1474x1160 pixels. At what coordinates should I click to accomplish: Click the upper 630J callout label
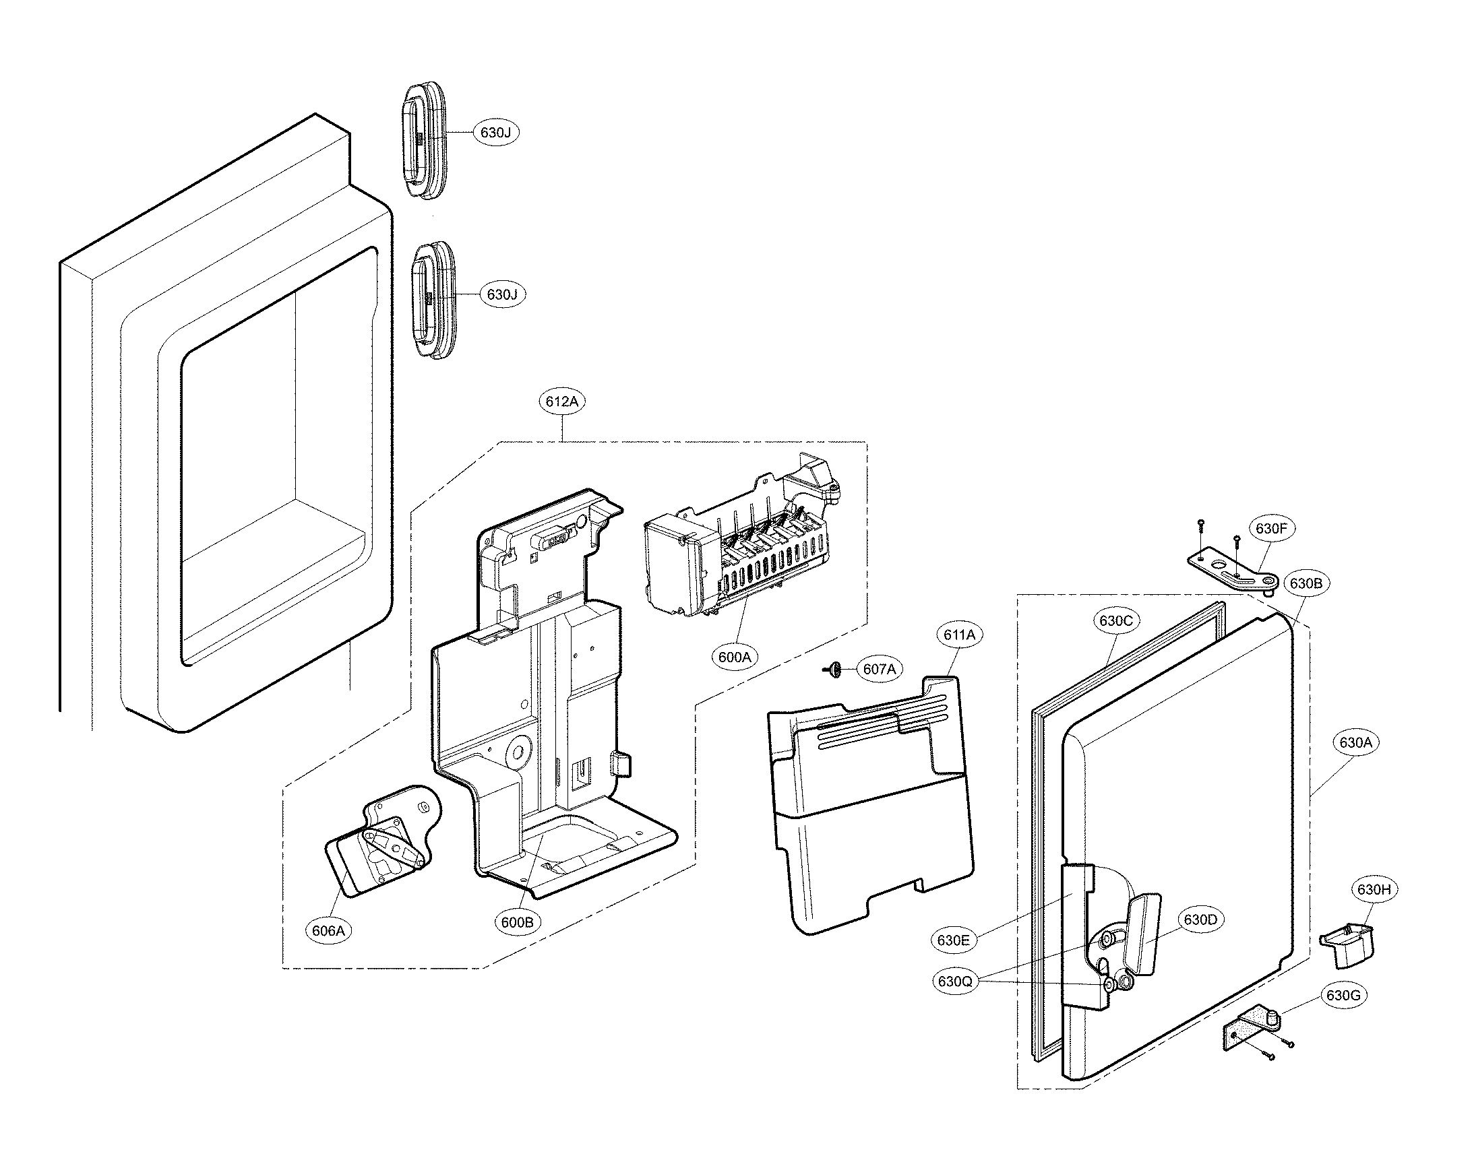coord(495,133)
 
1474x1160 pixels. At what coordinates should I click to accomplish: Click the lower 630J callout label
coord(503,294)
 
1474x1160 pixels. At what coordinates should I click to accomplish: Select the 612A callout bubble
coord(562,401)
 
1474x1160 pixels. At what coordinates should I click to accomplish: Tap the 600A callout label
coord(735,657)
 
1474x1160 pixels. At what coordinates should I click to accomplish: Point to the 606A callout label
coord(329,930)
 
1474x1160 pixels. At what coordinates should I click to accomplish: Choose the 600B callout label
coord(518,922)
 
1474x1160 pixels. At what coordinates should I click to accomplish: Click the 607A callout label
coord(880,669)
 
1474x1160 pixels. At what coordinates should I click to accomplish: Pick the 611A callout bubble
coord(959,635)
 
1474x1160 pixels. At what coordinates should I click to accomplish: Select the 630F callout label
coord(1272,529)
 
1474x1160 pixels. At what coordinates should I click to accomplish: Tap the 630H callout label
coord(1374,889)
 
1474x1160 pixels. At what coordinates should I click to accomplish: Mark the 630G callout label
coord(1343,995)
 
